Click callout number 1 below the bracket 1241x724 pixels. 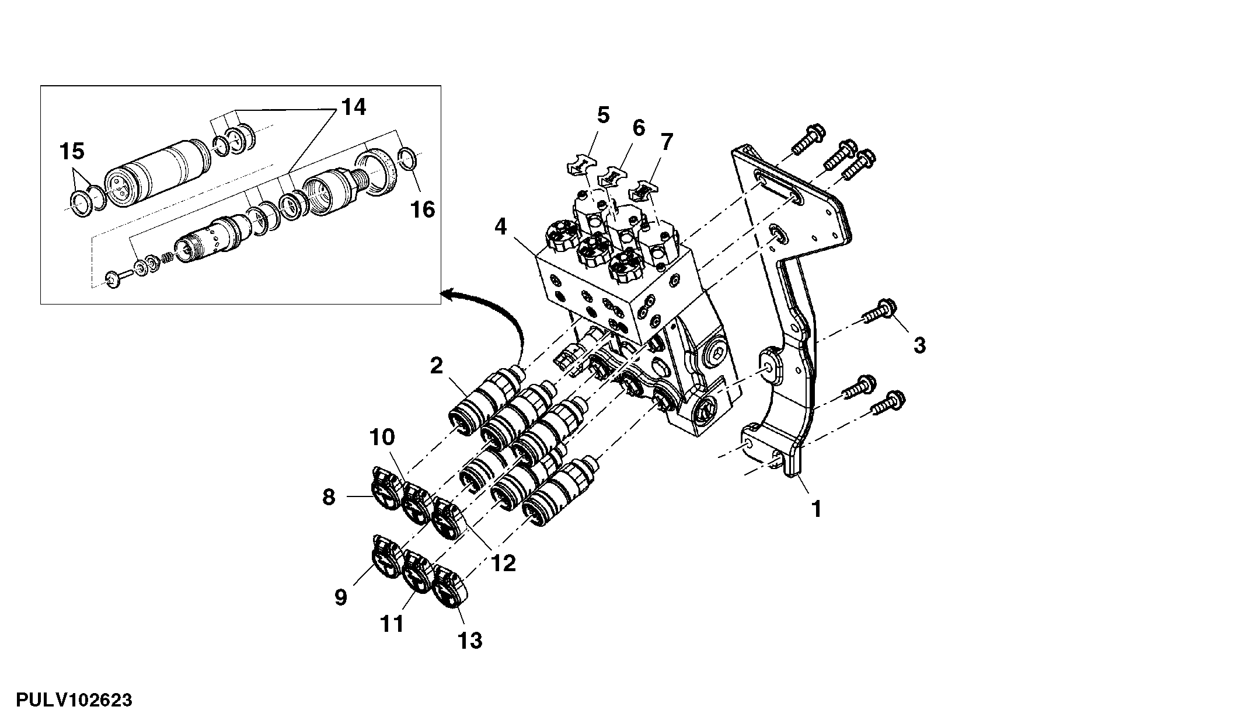[x=817, y=509]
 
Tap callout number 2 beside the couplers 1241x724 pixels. [x=437, y=366]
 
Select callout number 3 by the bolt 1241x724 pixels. [x=919, y=345]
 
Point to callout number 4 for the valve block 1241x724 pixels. [x=501, y=226]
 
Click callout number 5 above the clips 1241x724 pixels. [x=603, y=115]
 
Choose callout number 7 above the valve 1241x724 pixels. [x=667, y=142]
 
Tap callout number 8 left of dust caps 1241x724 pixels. [x=329, y=498]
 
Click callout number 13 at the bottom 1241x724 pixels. [x=470, y=641]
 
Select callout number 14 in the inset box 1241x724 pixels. [x=353, y=107]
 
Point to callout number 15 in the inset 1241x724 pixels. [x=72, y=152]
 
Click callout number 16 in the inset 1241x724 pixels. [x=423, y=209]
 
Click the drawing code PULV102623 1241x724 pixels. [x=74, y=699]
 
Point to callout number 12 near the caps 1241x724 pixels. [x=503, y=563]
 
